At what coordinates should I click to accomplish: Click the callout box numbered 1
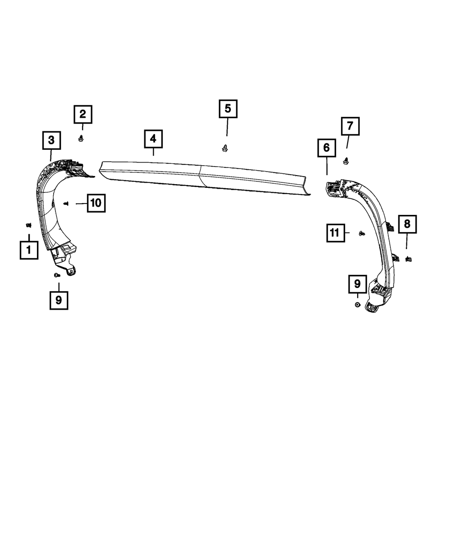tap(29, 250)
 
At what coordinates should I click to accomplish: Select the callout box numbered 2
tap(83, 114)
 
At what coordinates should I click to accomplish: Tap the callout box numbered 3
tap(51, 140)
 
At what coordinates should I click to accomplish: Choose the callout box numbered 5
tap(228, 109)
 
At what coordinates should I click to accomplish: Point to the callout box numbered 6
tap(327, 148)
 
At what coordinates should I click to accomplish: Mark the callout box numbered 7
tap(350, 126)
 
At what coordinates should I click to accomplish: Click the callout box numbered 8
tap(407, 223)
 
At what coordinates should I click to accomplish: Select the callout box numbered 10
tap(96, 203)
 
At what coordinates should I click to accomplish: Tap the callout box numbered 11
tap(334, 233)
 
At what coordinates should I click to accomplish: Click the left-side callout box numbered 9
tap(59, 300)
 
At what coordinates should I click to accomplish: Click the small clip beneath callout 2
tap(82, 139)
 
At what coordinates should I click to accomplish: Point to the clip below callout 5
tap(225, 148)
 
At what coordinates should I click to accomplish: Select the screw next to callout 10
tap(67, 204)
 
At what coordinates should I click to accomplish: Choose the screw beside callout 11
tap(361, 233)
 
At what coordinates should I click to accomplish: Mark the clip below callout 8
tap(409, 259)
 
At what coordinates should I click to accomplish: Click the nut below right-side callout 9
tap(357, 305)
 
